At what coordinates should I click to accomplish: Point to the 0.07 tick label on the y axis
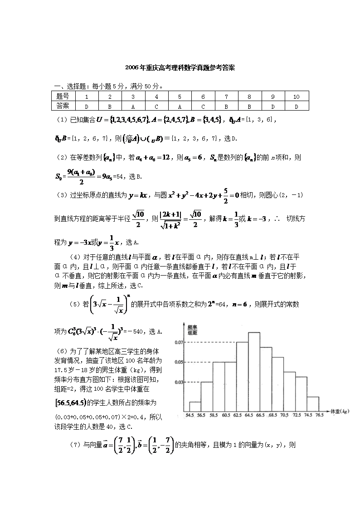click(x=179, y=342)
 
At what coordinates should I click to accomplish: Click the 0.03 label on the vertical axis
click(x=179, y=382)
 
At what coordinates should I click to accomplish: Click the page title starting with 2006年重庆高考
click(x=180, y=68)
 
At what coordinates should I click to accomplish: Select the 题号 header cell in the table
click(x=63, y=97)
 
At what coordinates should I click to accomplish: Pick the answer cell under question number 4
click(x=156, y=106)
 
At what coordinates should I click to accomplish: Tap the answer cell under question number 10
click(x=297, y=106)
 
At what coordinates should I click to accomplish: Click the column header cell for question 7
click(x=226, y=97)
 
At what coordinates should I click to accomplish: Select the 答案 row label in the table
click(x=63, y=106)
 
